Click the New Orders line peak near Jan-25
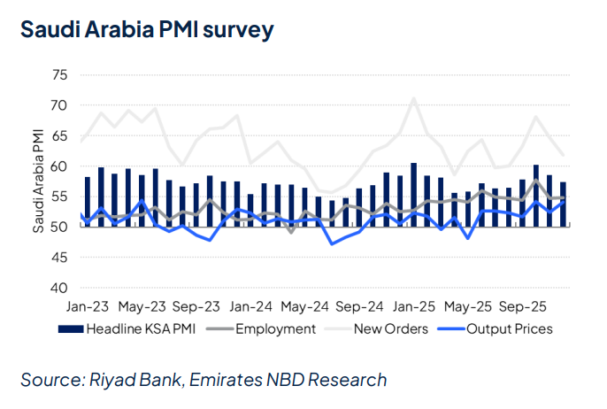tap(414, 98)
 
